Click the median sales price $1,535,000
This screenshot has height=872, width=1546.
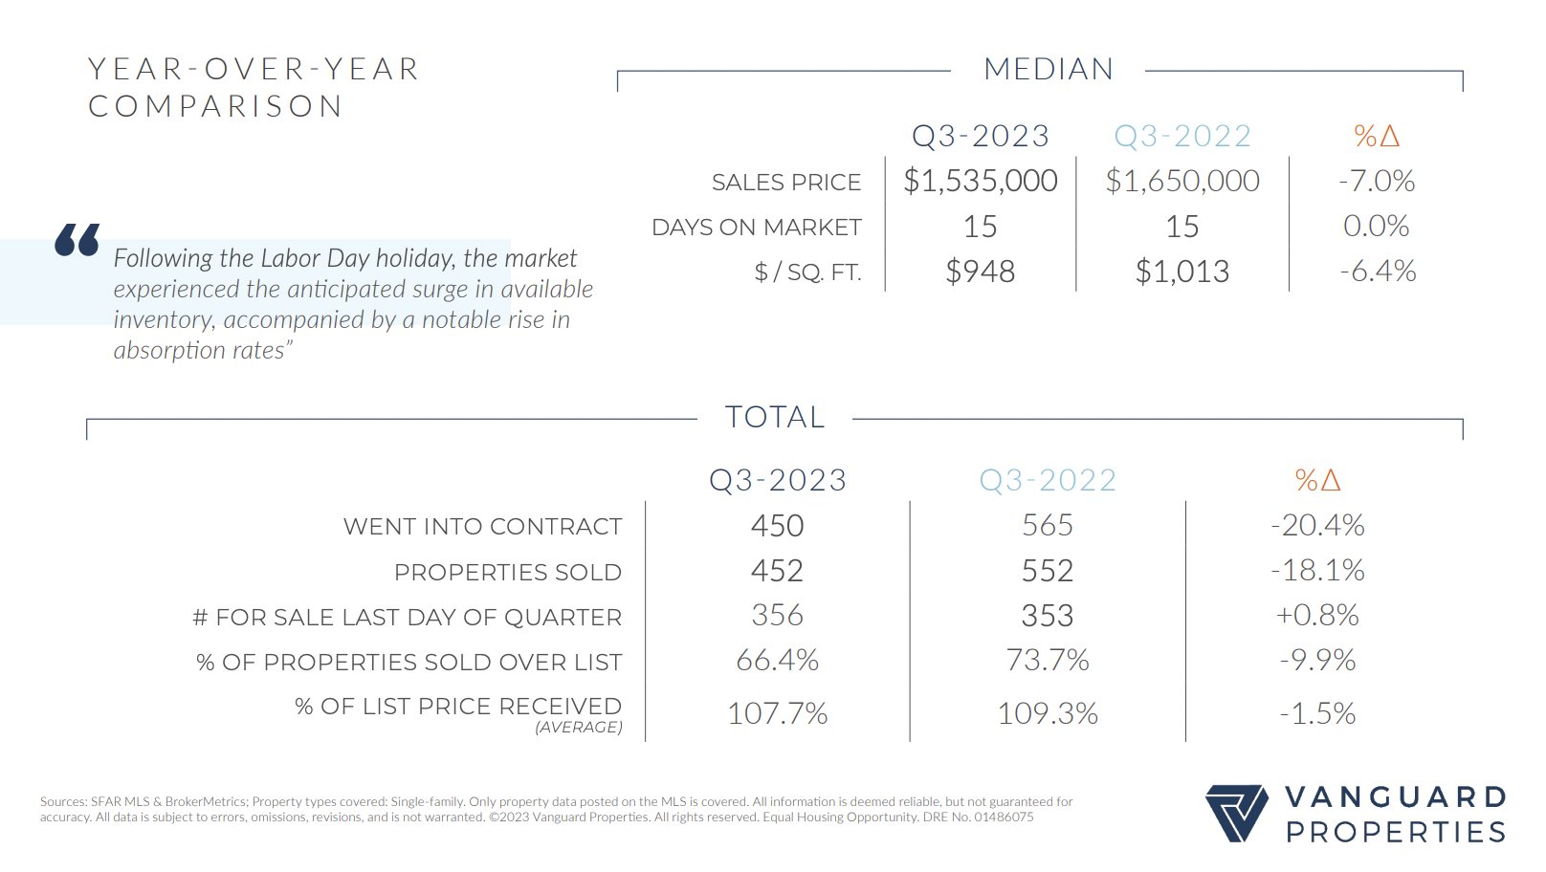point(981,181)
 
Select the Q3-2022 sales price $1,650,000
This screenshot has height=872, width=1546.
point(1182,181)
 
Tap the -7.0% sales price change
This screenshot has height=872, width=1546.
point(1377,181)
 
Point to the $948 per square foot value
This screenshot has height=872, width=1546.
point(981,272)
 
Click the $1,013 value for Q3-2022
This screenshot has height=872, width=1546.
point(1182,272)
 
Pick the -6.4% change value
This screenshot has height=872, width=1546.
point(1378,272)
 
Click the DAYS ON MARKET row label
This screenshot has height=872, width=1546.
point(757,228)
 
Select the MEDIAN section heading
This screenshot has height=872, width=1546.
point(1049,70)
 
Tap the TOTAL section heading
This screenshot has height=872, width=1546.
point(775,418)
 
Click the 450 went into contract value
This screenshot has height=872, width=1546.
point(777,526)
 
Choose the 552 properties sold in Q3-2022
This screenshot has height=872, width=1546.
point(1048,571)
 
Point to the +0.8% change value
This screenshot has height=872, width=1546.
point(1317,616)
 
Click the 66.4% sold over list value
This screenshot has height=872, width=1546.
point(777,661)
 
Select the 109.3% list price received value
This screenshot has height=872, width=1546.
point(1048,713)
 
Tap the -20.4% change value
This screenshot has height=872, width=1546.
point(1317,526)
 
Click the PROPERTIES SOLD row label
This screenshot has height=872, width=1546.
point(508,573)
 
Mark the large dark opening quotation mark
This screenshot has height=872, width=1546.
point(77,240)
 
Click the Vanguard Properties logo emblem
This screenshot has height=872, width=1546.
point(1237,813)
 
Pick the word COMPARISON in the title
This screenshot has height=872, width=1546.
point(216,106)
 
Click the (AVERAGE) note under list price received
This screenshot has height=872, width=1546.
point(579,728)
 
